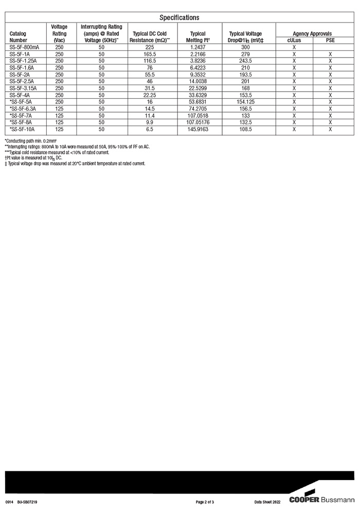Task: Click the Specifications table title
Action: point(179,17)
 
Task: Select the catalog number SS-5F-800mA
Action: point(25,47)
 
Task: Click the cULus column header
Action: point(294,40)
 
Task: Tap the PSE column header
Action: point(330,40)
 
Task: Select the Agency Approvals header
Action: point(312,33)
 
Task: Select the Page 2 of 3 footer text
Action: point(205,501)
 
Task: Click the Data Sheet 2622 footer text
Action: point(267,501)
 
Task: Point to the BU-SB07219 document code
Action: point(27,501)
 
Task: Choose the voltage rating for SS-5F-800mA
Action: point(59,47)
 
